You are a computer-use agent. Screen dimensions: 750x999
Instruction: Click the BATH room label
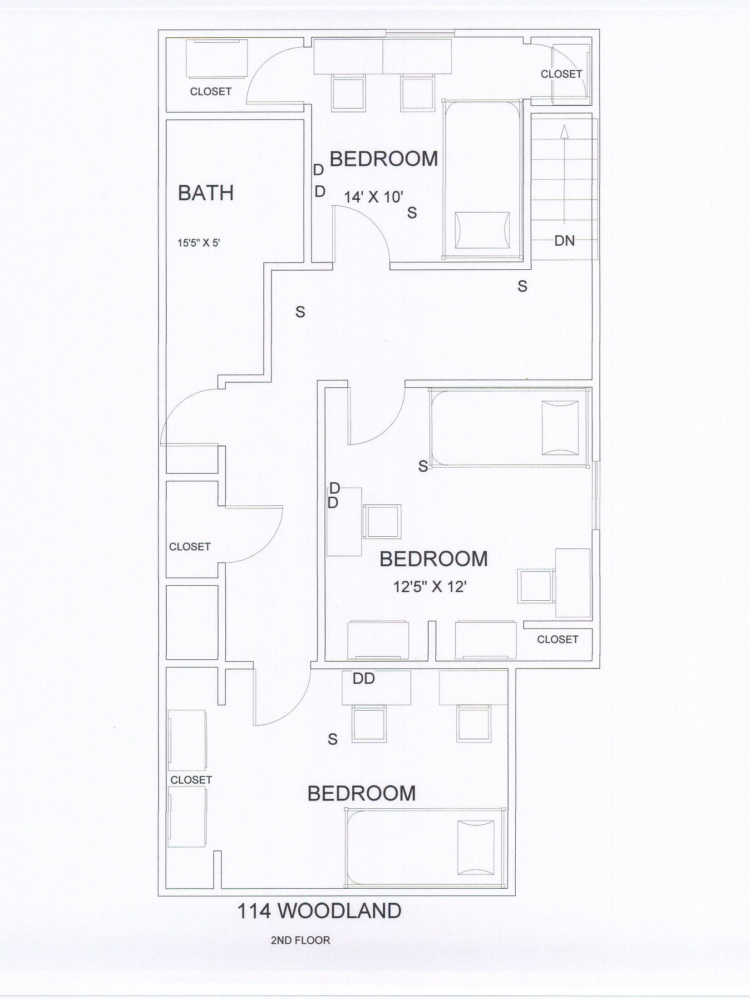click(x=206, y=193)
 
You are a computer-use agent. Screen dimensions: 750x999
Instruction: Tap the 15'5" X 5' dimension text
click(x=199, y=243)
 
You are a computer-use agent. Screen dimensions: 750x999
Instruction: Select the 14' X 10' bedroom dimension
click(x=374, y=197)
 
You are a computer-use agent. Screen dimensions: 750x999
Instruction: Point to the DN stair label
click(x=564, y=241)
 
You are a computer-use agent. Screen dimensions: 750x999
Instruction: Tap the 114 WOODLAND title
click(x=320, y=910)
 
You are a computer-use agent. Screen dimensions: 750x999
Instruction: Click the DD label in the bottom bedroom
click(x=364, y=678)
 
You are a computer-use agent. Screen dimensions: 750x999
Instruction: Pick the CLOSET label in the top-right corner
click(x=561, y=74)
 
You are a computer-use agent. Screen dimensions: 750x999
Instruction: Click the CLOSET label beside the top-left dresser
click(x=211, y=91)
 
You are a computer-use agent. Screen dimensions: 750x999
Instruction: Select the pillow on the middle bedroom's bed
click(x=560, y=428)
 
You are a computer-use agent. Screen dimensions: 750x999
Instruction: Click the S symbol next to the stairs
click(x=523, y=286)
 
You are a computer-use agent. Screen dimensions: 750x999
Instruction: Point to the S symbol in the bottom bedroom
click(x=333, y=739)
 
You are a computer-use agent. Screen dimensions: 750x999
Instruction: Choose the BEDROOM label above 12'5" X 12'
click(x=434, y=559)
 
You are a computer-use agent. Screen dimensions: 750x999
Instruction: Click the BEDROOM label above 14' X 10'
click(x=384, y=159)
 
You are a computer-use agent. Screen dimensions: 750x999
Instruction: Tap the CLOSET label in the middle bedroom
click(x=558, y=639)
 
